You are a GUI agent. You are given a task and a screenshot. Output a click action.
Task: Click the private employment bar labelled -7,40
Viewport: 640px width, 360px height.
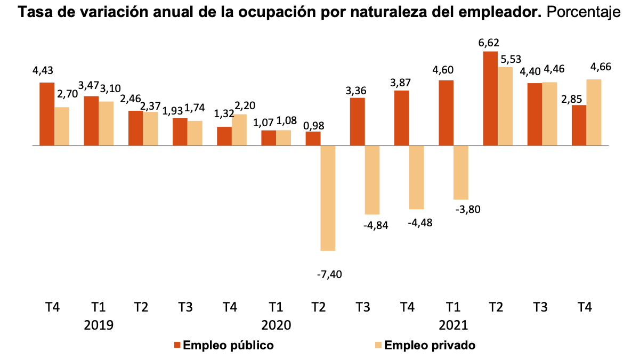(328, 198)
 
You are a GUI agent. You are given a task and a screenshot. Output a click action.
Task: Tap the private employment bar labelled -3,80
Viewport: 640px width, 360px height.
(461, 172)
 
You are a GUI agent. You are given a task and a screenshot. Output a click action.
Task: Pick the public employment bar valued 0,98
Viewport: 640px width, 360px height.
(313, 138)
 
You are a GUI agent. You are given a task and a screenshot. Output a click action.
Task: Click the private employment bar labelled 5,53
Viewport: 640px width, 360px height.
(505, 106)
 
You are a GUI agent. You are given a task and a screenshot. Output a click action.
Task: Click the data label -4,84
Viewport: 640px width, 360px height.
(375, 225)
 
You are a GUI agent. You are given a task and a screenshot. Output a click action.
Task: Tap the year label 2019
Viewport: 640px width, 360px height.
(99, 325)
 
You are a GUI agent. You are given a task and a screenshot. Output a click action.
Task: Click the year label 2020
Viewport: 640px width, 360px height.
(276, 325)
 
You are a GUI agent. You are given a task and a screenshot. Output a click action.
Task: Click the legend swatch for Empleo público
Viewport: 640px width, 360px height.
(177, 345)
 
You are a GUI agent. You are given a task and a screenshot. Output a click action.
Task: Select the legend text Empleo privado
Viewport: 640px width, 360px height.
(430, 345)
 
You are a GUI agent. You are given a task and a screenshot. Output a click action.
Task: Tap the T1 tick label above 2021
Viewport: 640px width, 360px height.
(453, 307)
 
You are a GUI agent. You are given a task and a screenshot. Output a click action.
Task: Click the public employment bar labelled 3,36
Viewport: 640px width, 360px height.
(358, 121)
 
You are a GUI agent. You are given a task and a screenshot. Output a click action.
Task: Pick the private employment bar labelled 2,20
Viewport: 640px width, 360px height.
(239, 129)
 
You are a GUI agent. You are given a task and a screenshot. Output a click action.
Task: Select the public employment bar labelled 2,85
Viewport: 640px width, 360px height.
(579, 125)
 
